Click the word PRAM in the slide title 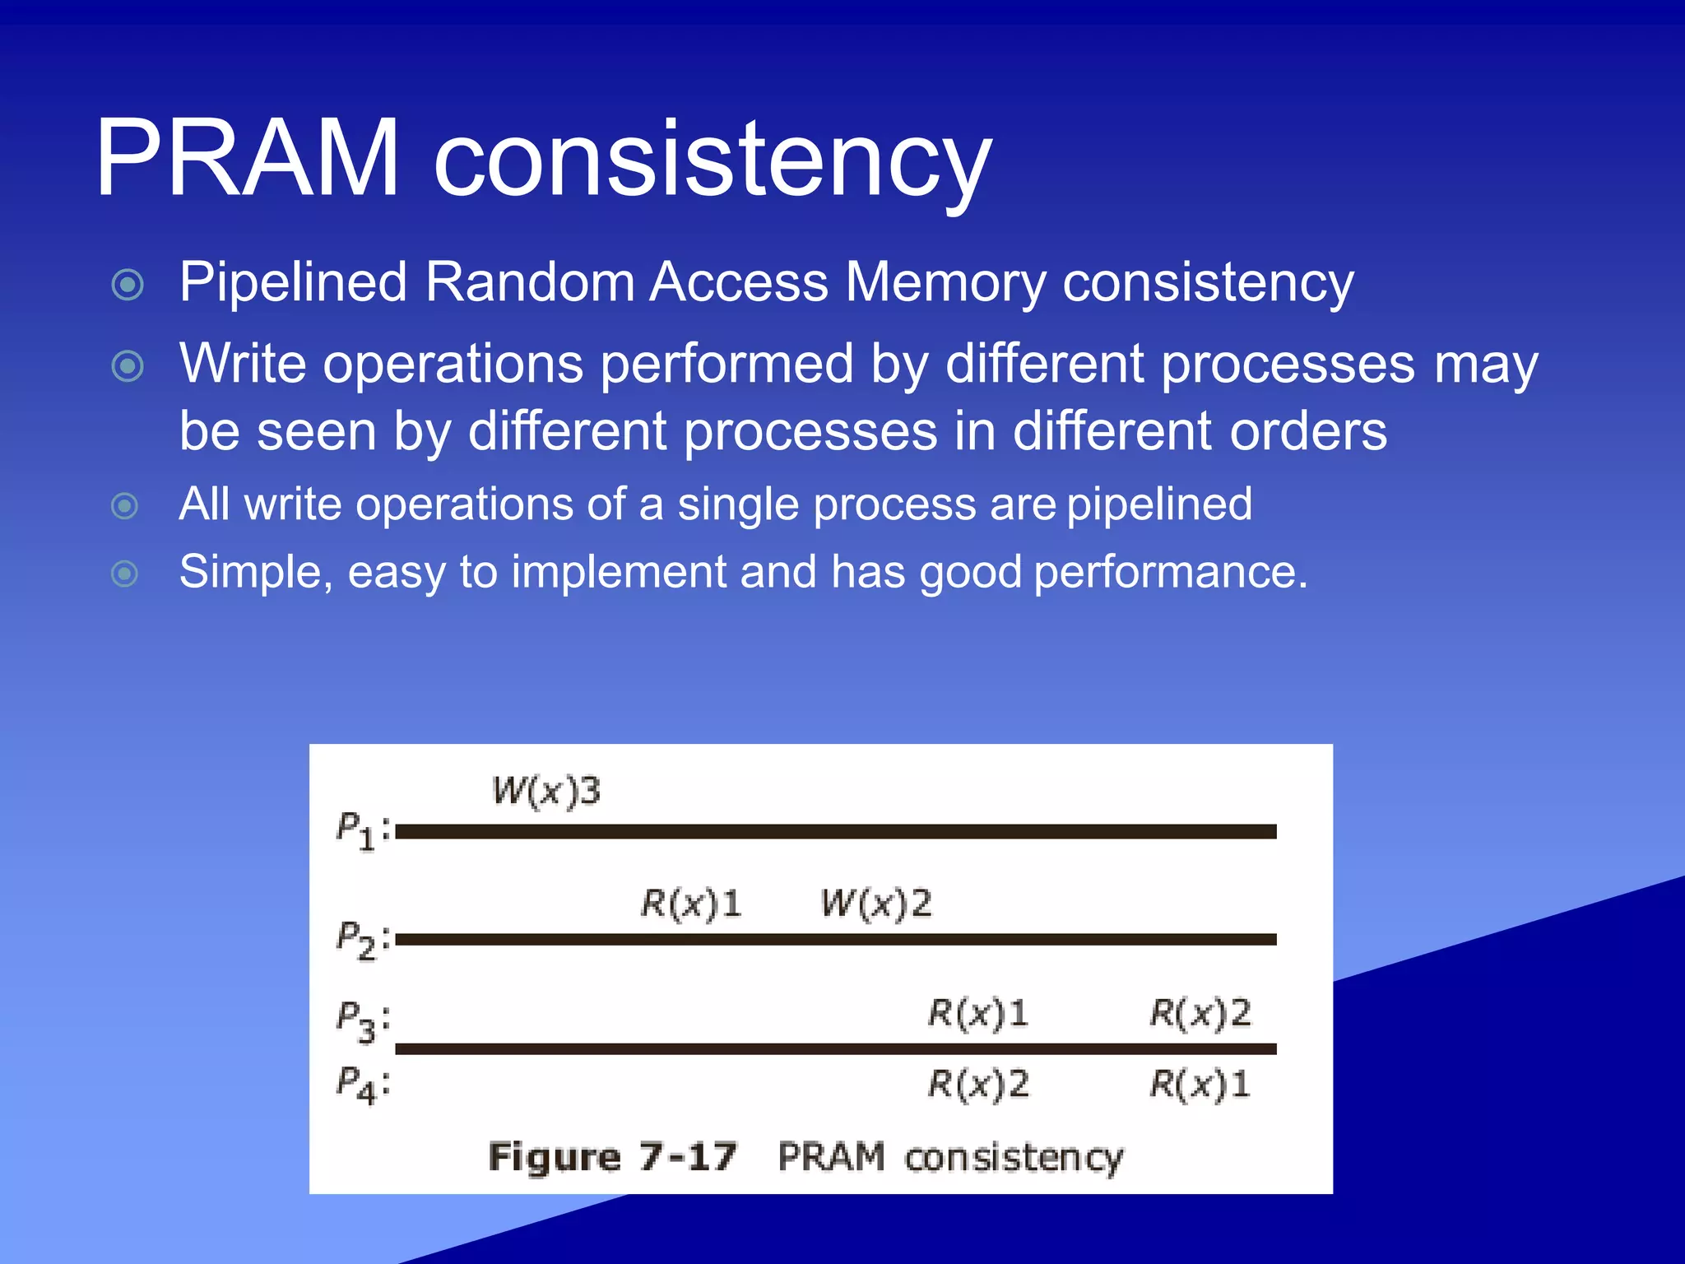coord(247,158)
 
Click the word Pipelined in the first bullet coord(293,282)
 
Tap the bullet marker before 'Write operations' coord(128,365)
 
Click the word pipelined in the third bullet coord(1159,504)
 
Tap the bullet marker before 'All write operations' coord(124,505)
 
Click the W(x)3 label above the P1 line coord(546,792)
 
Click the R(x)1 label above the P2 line coord(691,904)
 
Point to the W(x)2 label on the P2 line coord(876,904)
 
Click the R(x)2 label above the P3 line coord(1200,1013)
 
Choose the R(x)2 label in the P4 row coord(978,1084)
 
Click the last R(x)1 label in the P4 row coord(1200,1084)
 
